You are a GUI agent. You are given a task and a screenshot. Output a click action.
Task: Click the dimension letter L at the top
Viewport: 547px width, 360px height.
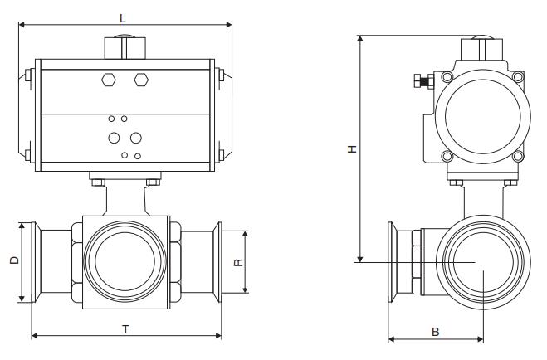(122, 17)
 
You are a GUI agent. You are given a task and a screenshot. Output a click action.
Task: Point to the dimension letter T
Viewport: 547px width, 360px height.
(125, 329)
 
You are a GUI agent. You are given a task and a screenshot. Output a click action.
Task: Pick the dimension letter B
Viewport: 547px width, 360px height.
(435, 332)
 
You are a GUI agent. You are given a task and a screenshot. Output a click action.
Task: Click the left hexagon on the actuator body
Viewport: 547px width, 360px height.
(109, 80)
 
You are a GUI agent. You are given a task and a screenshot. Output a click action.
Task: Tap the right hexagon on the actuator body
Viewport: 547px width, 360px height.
(140, 80)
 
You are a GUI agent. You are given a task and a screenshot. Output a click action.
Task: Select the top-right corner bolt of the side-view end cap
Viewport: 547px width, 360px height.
(519, 77)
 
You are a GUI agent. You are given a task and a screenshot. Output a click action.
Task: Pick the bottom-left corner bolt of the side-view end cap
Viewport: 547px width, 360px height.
(446, 156)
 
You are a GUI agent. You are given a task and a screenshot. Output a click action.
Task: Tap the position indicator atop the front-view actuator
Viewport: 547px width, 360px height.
(123, 46)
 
